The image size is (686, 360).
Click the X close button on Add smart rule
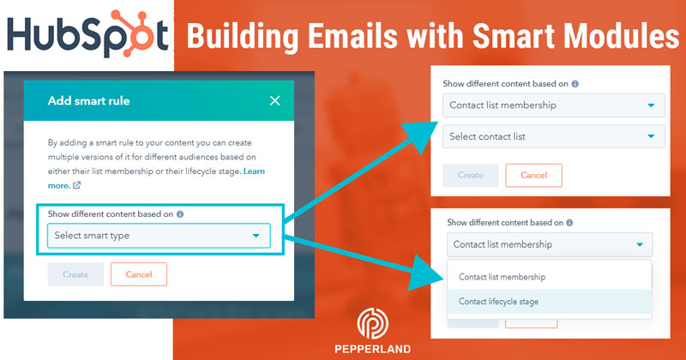point(274,101)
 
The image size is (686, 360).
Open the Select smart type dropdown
point(159,236)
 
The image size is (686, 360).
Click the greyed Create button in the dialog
point(75,274)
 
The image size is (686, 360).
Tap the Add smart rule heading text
point(89,101)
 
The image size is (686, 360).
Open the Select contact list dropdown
point(553,136)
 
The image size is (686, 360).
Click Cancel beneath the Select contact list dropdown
point(533,175)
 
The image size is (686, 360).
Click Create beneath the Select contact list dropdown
point(471,175)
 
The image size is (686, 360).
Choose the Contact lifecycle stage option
point(499,301)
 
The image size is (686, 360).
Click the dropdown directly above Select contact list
point(553,105)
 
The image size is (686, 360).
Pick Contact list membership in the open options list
point(502,277)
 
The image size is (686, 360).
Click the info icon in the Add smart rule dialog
point(180,214)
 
